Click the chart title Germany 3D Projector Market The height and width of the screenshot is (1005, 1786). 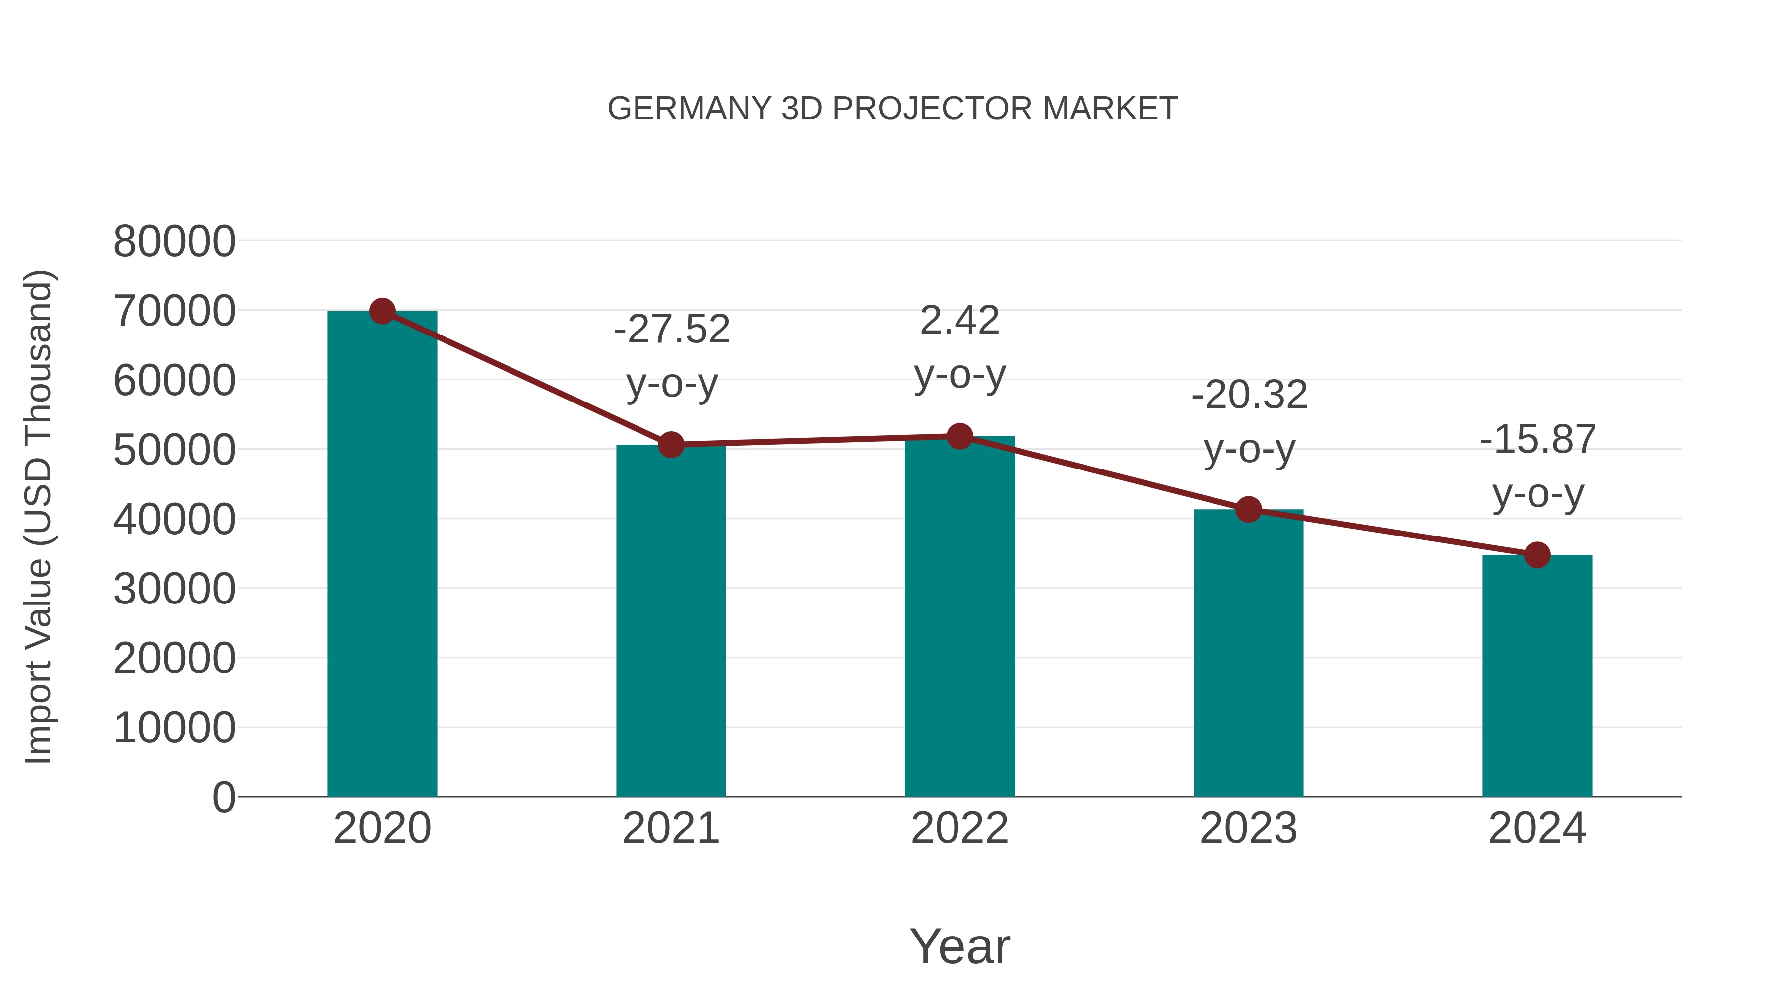point(893,109)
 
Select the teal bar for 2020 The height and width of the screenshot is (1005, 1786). point(382,555)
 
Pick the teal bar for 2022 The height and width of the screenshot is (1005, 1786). point(959,617)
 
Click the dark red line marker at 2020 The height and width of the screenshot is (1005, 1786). point(382,311)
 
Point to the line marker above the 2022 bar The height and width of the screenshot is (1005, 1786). point(959,436)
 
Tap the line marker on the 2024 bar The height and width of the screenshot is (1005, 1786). point(1537,555)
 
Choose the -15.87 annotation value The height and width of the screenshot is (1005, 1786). point(1538,439)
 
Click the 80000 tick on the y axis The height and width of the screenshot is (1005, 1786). point(174,242)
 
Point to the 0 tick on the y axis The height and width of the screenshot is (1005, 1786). point(224,798)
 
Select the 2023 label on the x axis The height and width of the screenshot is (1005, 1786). point(1248,828)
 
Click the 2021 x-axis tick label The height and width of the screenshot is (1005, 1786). point(670,828)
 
